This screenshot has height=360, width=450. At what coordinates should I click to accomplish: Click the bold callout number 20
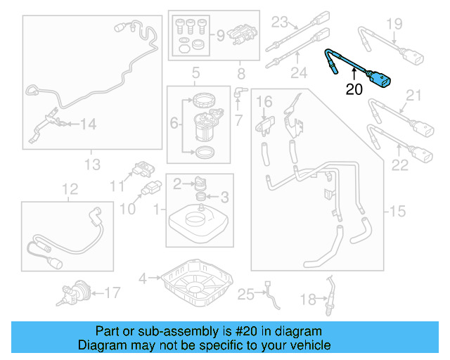pos(354,89)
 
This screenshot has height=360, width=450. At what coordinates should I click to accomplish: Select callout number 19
pos(394,25)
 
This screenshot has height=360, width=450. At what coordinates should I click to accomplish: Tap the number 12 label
pos(69,188)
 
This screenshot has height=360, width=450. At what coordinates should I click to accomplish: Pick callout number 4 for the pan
pos(143,278)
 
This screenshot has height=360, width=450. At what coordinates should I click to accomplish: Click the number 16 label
pos(264,103)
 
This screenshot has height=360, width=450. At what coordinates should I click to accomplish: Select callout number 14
pos(87,124)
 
